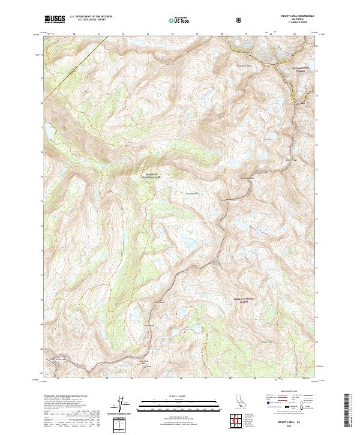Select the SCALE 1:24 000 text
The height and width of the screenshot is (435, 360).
(174, 397)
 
